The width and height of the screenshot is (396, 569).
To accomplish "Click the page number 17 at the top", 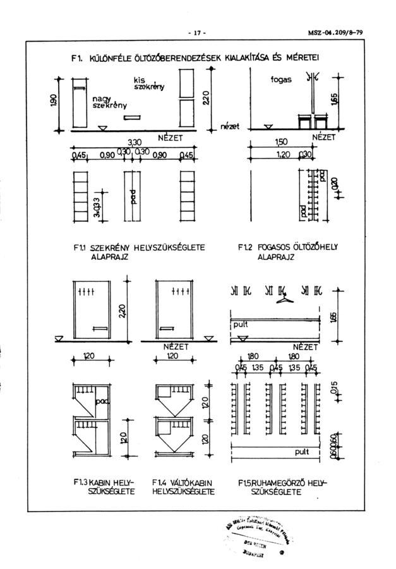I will [197, 32].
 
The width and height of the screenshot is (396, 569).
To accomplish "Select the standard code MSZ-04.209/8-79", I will [347, 32].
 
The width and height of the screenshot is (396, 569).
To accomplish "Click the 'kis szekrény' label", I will [148, 84].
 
